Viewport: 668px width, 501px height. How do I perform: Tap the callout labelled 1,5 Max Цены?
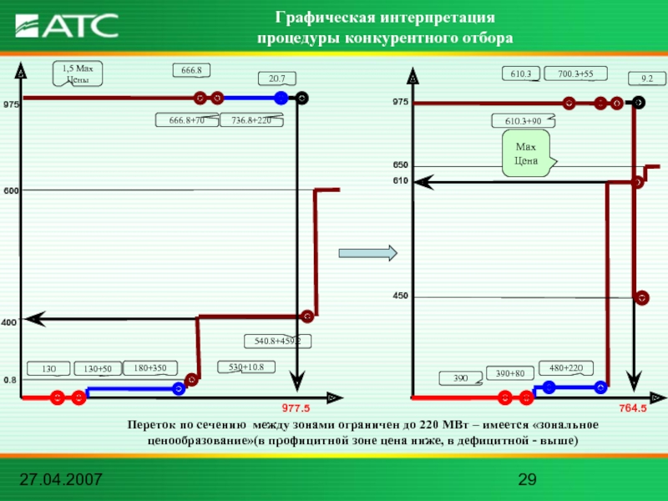coord(78,73)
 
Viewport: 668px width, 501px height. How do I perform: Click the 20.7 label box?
coord(277,78)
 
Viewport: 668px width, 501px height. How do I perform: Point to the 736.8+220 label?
coord(251,121)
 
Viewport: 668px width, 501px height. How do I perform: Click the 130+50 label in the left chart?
coord(98,369)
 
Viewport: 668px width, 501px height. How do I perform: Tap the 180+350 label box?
coord(150,367)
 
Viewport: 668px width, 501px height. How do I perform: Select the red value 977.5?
coord(296,408)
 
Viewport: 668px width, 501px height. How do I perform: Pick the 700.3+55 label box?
coord(575,74)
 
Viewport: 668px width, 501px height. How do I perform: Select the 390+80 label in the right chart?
coord(510,373)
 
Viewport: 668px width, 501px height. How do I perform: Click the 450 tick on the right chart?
coord(402,296)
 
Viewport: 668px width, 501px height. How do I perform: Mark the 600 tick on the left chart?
coord(11,190)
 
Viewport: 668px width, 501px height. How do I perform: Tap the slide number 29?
coord(526,480)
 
